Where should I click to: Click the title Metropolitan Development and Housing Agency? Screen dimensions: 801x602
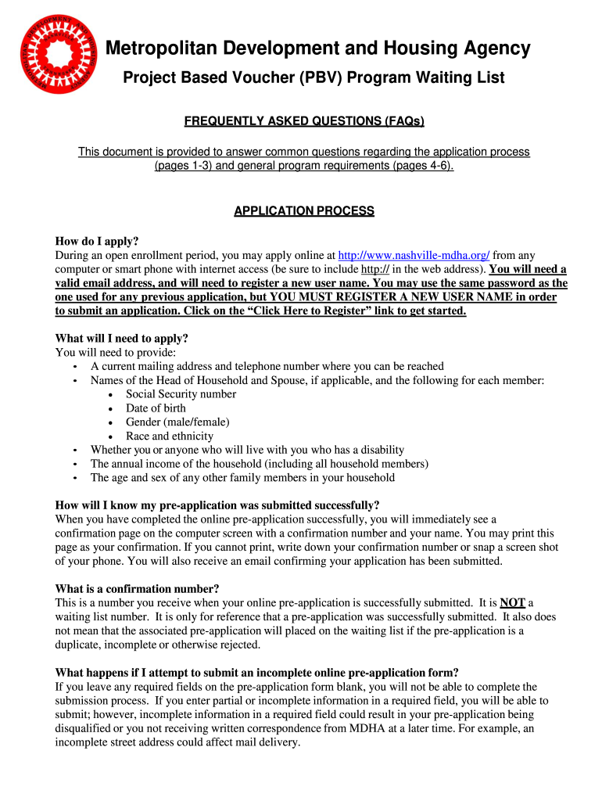click(318, 49)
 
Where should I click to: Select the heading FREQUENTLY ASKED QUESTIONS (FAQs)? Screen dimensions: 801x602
click(303, 121)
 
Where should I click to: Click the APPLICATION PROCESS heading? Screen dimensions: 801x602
click(304, 211)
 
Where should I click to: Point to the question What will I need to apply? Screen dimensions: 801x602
click(121, 339)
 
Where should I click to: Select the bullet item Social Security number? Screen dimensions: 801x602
click(181, 394)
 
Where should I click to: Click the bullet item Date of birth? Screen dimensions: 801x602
click(156, 408)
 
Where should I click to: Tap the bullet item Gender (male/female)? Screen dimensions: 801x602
click(177, 422)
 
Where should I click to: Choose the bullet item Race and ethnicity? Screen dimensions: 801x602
click(169, 436)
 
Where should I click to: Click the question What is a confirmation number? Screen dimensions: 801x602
click(137, 588)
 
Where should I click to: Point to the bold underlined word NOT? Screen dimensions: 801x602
click(512, 602)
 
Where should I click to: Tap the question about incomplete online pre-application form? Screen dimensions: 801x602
click(256, 673)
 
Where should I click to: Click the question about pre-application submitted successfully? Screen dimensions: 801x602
click(217, 505)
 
